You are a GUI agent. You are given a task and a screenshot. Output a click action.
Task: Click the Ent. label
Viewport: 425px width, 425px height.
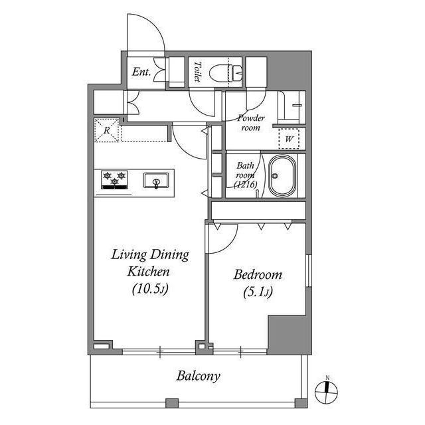(x=141, y=72)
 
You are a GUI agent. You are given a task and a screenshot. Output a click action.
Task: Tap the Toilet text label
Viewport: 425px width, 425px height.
(x=198, y=72)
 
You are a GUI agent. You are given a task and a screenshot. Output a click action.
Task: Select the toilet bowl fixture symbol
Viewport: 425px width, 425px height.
(x=226, y=72)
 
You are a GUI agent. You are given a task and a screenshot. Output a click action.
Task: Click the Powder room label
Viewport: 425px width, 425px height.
(x=251, y=123)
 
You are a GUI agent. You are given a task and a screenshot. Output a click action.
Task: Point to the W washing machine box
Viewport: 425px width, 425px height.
(x=289, y=139)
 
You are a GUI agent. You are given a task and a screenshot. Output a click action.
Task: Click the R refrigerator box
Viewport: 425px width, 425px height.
(x=108, y=130)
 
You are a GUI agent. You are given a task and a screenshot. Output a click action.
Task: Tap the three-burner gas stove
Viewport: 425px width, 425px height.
(x=114, y=180)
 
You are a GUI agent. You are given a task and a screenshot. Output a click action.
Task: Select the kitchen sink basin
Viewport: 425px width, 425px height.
(x=156, y=180)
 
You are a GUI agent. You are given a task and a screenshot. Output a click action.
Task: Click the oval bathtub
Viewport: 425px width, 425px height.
(x=282, y=175)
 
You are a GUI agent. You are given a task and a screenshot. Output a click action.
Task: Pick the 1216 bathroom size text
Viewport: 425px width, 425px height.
(x=246, y=185)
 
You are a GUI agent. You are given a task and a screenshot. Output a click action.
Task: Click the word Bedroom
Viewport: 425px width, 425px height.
(x=258, y=274)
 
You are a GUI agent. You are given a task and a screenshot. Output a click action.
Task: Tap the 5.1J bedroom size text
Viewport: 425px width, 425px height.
(x=258, y=292)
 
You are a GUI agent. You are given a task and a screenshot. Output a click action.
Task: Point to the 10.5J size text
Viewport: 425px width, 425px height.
(x=151, y=289)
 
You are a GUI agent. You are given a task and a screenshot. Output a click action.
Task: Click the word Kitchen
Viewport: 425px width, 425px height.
(x=148, y=272)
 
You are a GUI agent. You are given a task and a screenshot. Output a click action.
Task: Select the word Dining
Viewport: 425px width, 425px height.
(x=169, y=255)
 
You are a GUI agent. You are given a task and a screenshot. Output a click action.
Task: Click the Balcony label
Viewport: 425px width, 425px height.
(x=198, y=377)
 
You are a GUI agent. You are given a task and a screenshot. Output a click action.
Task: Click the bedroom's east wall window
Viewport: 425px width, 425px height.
(x=308, y=270)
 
